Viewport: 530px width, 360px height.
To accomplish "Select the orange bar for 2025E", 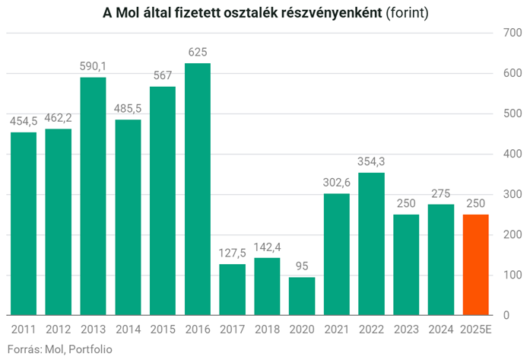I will [x=475, y=264].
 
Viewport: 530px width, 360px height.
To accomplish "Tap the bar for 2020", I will [x=302, y=295].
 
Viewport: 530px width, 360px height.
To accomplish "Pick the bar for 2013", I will [x=94, y=196].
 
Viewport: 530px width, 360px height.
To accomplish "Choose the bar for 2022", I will [x=372, y=244].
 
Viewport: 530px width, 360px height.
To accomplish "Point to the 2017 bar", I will [x=233, y=289].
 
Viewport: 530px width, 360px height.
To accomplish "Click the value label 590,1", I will [x=94, y=67].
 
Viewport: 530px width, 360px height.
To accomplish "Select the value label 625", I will [x=198, y=53].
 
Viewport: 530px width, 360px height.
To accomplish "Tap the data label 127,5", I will [x=233, y=253].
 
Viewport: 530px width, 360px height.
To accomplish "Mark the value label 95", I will [x=302, y=266].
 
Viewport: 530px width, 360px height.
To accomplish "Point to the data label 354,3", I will [x=372, y=162].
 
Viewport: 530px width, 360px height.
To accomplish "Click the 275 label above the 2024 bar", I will [x=441, y=194].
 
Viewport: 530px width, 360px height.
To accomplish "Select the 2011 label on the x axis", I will [x=24, y=329].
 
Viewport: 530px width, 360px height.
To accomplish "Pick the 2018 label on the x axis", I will [x=267, y=329].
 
